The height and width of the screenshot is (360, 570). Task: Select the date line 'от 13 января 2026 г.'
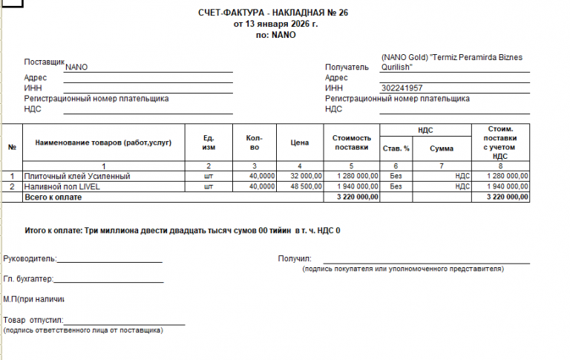click(275, 24)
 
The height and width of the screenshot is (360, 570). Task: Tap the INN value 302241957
click(402, 88)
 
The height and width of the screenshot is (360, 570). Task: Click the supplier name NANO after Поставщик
click(76, 67)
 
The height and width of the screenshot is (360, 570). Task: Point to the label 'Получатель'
click(347, 68)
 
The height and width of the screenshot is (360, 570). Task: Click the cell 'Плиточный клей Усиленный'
click(77, 176)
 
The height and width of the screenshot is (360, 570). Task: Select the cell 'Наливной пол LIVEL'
click(62, 186)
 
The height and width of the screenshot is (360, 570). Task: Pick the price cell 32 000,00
click(306, 176)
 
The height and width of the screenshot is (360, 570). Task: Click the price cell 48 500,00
click(306, 186)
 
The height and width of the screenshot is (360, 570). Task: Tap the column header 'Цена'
click(299, 142)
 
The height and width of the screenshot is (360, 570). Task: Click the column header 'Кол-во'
click(254, 142)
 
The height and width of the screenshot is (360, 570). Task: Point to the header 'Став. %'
click(396, 148)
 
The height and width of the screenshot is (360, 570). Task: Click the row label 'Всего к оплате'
click(50, 197)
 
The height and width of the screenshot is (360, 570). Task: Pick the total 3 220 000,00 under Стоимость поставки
click(358, 197)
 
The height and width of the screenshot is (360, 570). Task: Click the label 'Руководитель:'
click(30, 259)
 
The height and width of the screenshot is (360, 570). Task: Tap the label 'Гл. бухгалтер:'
click(28, 279)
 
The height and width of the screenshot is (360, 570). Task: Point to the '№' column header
click(12, 145)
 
